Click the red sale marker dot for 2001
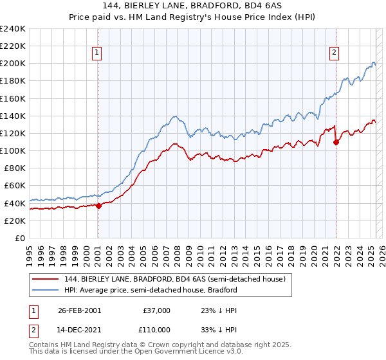click(x=98, y=206)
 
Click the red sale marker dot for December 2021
click(x=336, y=142)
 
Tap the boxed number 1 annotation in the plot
click(x=97, y=53)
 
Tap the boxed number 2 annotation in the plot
click(x=335, y=53)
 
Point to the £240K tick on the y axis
click(x=13, y=29)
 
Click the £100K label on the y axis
click(x=13, y=150)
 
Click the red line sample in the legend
click(x=46, y=278)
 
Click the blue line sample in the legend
click(x=46, y=290)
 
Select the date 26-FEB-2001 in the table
click(x=79, y=310)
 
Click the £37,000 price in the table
click(x=156, y=310)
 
